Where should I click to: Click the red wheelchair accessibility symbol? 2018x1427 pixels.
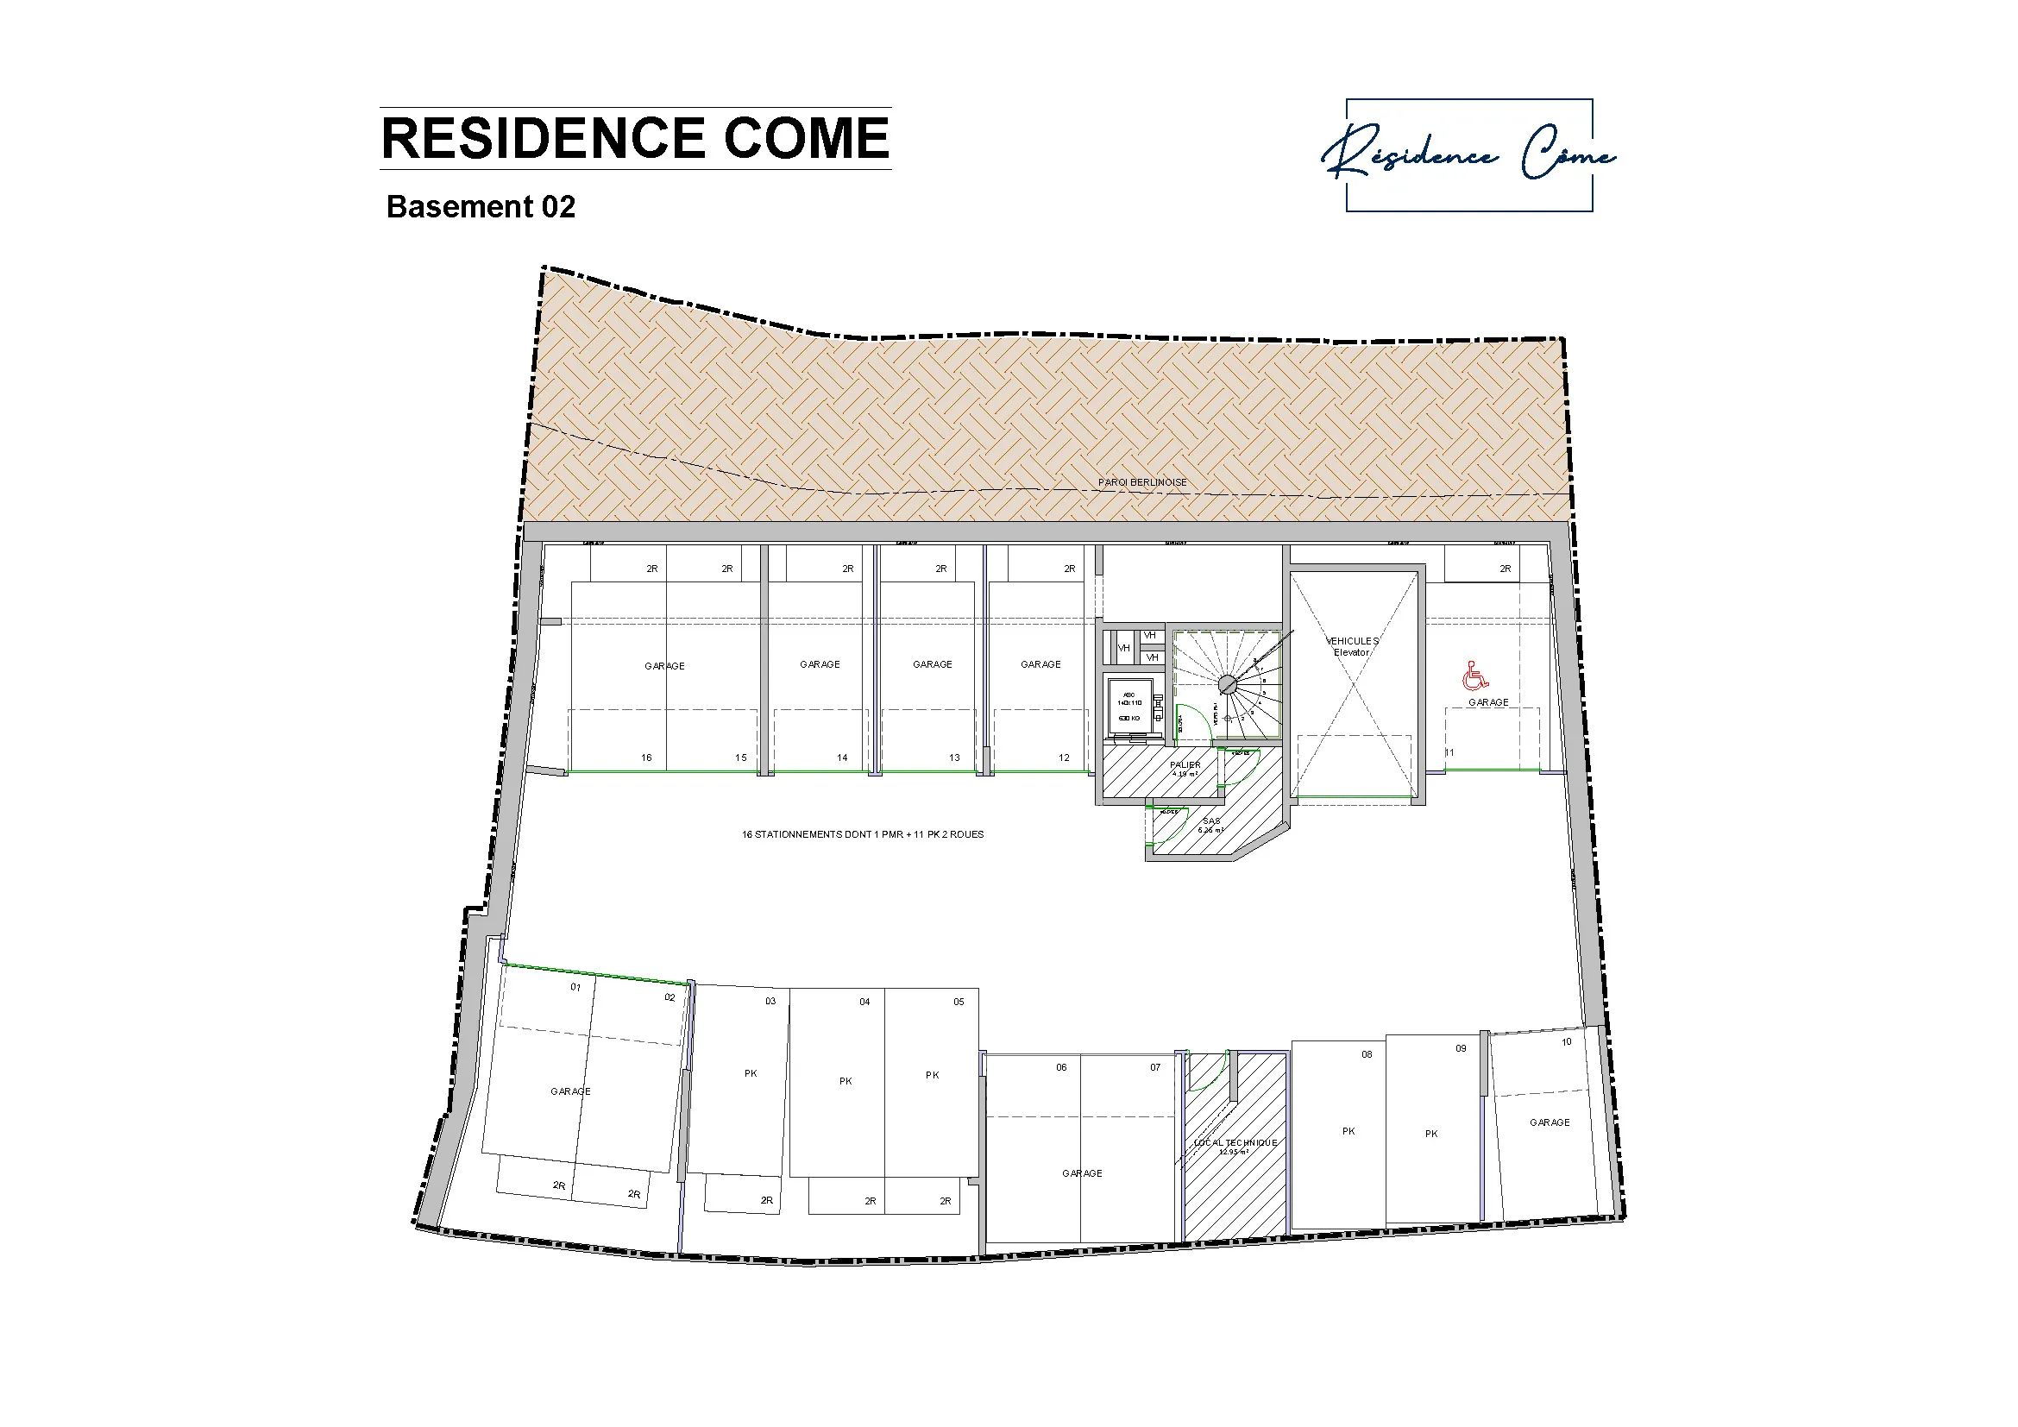pyautogui.click(x=1475, y=676)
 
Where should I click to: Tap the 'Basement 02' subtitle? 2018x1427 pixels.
pyautogui.click(x=481, y=206)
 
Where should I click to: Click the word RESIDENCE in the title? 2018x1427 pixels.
pyautogui.click(x=544, y=138)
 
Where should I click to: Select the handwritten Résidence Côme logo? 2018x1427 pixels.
pyautogui.click(x=1468, y=155)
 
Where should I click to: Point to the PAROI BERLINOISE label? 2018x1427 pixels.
pyautogui.click(x=1141, y=482)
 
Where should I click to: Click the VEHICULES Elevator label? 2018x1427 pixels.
pyautogui.click(x=1352, y=647)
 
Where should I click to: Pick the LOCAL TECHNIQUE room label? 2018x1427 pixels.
pyautogui.click(x=1235, y=1144)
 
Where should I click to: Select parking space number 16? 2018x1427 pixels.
pyautogui.click(x=646, y=758)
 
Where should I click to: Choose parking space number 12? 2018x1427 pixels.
pyautogui.click(x=1064, y=758)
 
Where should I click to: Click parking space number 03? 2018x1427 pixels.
pyautogui.click(x=770, y=1001)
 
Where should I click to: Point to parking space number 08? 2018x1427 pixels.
pyautogui.click(x=1367, y=1054)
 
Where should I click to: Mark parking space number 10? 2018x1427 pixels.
pyautogui.click(x=1566, y=1042)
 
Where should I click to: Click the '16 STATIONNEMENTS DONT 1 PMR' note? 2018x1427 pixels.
pyautogui.click(x=862, y=835)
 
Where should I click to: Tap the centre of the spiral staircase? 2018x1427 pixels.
pyautogui.click(x=1227, y=683)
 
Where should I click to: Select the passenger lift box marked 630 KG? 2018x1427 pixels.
pyautogui.click(x=1129, y=706)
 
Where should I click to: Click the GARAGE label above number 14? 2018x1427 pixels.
pyautogui.click(x=819, y=664)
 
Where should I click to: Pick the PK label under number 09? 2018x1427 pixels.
pyautogui.click(x=1430, y=1134)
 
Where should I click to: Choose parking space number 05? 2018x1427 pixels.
pyautogui.click(x=958, y=1002)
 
